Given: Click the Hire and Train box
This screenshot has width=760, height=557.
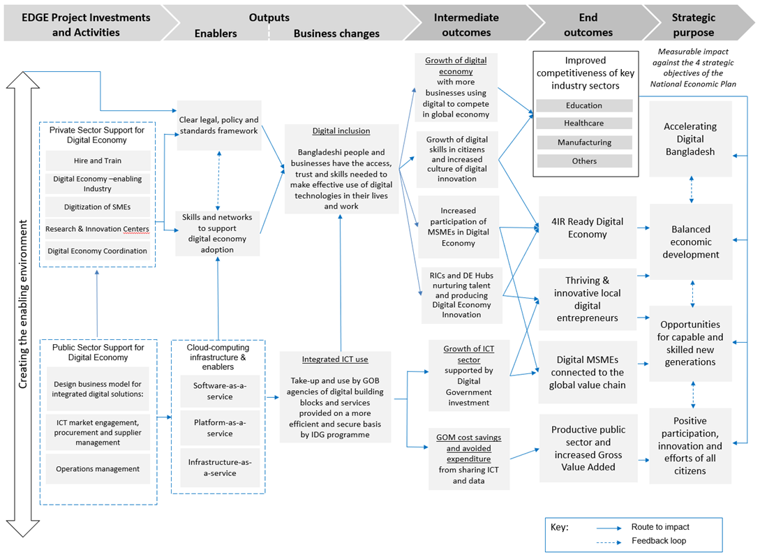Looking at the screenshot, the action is coord(98,161).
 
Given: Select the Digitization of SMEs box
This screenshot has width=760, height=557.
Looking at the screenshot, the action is coord(98,207).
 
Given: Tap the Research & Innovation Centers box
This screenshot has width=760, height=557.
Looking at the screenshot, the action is coord(98,229).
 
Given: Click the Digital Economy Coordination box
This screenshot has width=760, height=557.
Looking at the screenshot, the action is coord(98,251).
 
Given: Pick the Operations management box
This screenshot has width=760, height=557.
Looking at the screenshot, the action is coord(98,469).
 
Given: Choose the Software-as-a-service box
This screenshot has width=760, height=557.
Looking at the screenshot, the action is coord(220,391).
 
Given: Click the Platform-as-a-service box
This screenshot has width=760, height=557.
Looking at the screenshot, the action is coord(220,428).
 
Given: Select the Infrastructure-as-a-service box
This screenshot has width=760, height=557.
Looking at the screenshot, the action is coord(220,468).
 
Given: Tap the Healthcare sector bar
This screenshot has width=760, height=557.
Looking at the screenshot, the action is coord(584,123).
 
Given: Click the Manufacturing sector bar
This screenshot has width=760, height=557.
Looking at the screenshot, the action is coord(585,142).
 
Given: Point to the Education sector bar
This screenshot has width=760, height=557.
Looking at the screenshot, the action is coord(584,105).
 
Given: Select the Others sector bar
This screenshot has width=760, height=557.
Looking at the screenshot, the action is coord(585,161).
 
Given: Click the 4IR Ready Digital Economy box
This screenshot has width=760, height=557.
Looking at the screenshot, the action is coord(588,228).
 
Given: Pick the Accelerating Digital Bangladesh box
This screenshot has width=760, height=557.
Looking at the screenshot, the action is coord(690,139).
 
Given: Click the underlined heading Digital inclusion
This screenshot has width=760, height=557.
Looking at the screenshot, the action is coord(341,131).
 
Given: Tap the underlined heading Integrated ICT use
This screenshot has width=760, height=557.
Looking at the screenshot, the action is coord(335,359).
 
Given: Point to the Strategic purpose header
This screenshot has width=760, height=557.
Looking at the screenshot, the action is coord(694,24).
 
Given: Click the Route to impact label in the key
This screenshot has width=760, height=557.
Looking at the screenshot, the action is coord(660,527).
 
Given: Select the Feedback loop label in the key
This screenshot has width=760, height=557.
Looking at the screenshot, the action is coord(659,540).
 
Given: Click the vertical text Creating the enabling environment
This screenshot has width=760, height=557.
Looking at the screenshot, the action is coord(23,304).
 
